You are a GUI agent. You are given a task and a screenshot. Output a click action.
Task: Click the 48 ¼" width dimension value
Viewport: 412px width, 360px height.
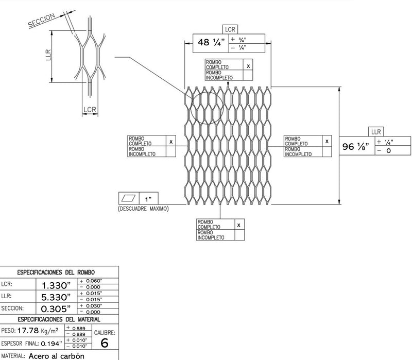click(209, 43)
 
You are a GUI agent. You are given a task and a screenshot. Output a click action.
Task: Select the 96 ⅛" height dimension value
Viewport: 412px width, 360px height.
click(356, 147)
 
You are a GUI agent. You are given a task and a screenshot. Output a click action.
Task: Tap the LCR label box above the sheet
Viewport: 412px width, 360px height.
click(230, 30)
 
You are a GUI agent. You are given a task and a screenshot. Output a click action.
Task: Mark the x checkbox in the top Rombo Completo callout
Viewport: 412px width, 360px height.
click(248, 66)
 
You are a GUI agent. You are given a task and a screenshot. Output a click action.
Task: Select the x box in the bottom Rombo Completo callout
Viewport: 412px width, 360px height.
click(239, 225)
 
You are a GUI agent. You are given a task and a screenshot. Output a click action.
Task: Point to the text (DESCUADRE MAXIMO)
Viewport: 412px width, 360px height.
click(144, 209)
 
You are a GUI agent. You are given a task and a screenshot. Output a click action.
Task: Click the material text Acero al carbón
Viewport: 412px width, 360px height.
click(57, 355)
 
